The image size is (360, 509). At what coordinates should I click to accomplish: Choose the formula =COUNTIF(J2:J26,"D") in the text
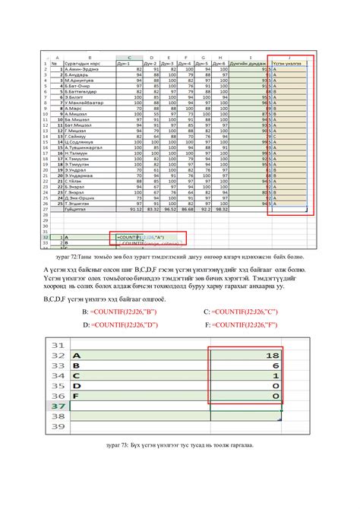point(133,324)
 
